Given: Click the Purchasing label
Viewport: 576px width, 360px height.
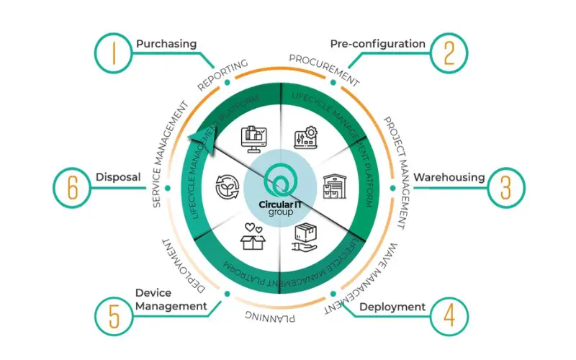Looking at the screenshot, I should [166, 44].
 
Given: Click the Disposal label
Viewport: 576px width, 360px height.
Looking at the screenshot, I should [117, 176].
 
